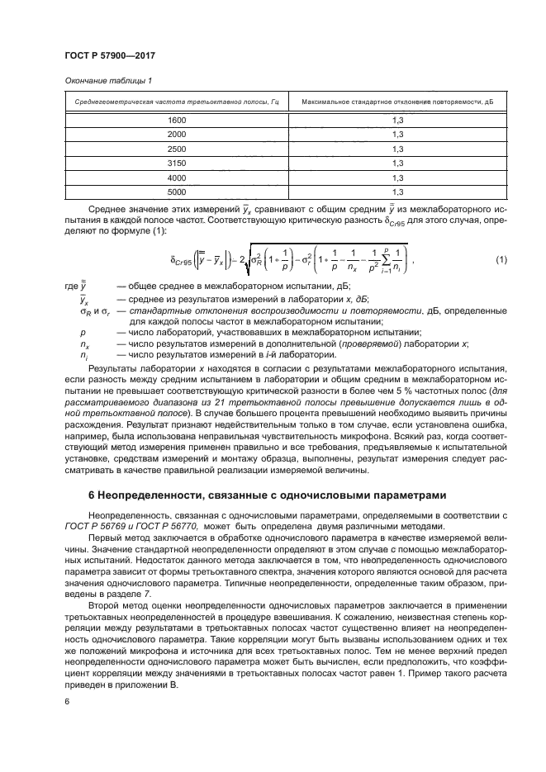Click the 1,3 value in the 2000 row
tap(396, 135)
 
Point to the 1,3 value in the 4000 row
tap(396, 178)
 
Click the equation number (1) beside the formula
tap(501, 261)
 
